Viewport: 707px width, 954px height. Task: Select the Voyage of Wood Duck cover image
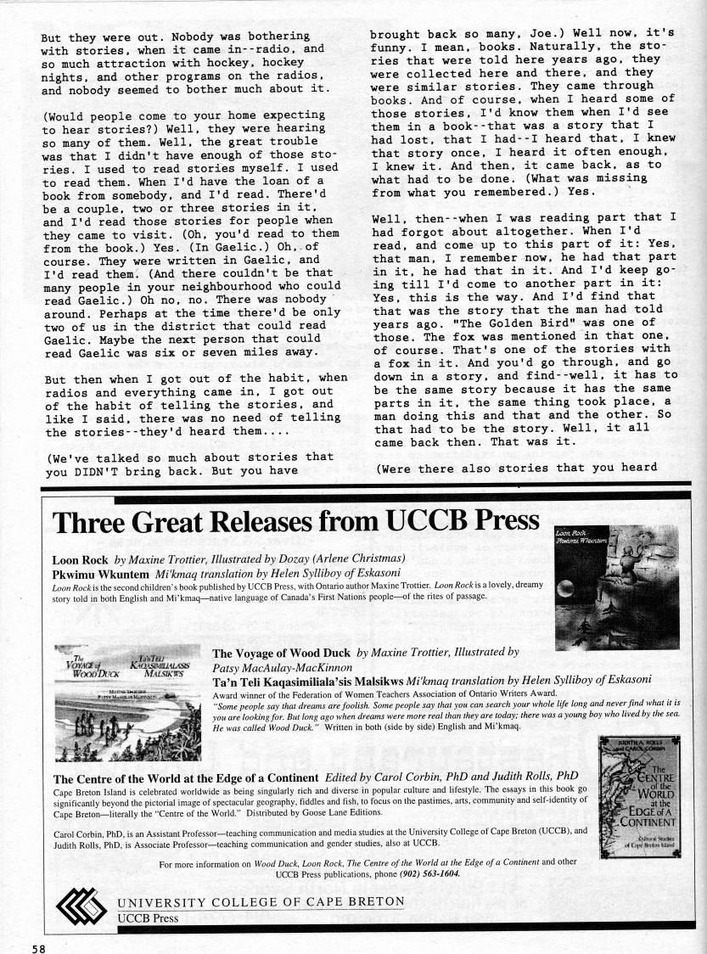(x=126, y=690)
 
